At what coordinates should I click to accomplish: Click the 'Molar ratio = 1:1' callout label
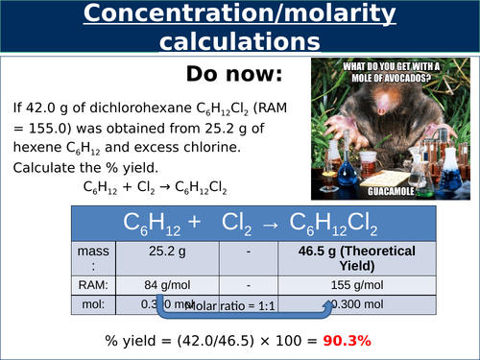[x=231, y=306]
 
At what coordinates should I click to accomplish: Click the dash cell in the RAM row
[x=249, y=284]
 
